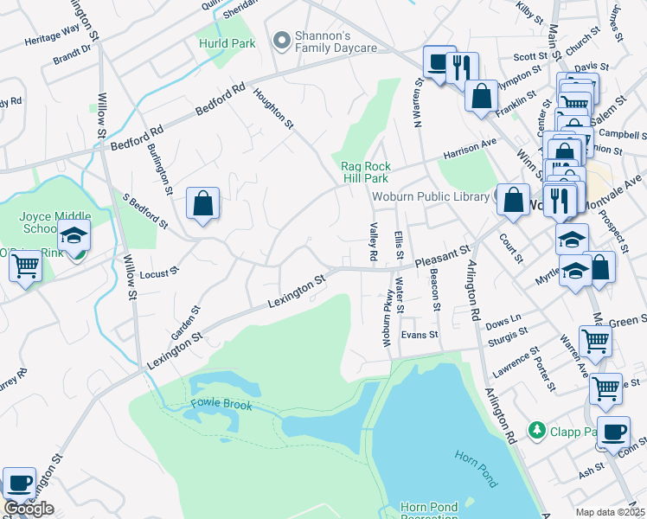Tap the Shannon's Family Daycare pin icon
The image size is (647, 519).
coord(280,40)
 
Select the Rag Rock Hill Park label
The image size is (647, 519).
coord(365,172)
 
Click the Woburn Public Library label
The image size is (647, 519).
coord(431,196)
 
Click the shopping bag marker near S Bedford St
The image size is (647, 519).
coord(202,205)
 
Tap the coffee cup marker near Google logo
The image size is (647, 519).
coord(19,483)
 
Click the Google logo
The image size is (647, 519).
coord(29,509)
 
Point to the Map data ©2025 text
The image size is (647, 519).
coord(610,512)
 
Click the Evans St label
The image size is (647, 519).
coord(420,335)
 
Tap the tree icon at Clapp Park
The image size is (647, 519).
coord(537,430)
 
